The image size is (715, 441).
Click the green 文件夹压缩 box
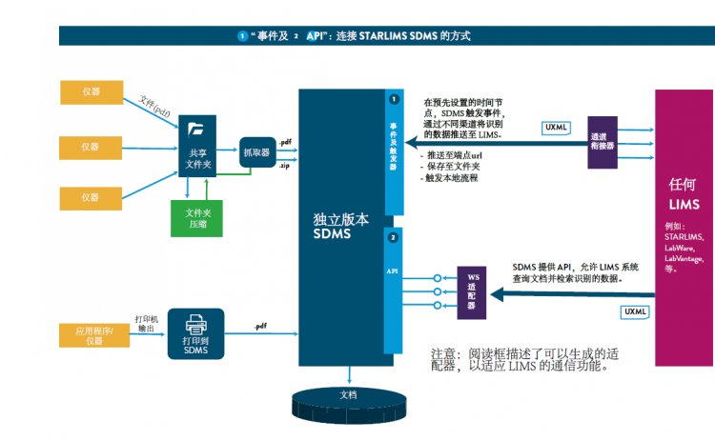[197, 218]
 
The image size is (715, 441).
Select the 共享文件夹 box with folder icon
[197, 146]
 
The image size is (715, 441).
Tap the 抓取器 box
[255, 151]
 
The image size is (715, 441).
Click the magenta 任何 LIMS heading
[684, 196]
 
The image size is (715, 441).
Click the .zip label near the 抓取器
[284, 166]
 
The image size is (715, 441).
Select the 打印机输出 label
[147, 323]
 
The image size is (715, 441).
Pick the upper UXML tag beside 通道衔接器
[556, 126]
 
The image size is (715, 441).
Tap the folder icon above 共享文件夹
[197, 130]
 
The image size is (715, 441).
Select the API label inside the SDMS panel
[392, 271]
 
